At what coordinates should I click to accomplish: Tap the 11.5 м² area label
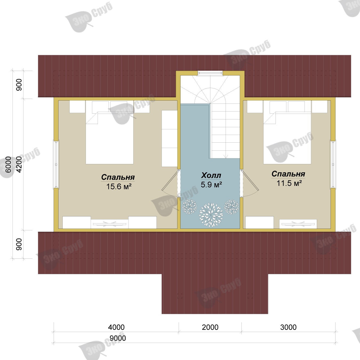tap(289, 183)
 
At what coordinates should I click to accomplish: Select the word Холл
tap(211, 175)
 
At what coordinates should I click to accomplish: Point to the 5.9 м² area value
tap(211, 185)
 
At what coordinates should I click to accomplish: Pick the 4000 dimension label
tap(116, 327)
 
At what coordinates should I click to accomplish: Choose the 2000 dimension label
tap(210, 327)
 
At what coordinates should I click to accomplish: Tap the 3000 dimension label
tap(288, 327)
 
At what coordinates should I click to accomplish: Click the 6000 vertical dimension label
tap(9, 165)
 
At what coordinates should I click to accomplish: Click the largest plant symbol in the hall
tap(211, 215)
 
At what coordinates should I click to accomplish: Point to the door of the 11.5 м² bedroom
tap(250, 183)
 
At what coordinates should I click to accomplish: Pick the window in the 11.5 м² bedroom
tap(333, 164)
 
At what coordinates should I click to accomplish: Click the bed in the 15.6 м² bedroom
tap(110, 132)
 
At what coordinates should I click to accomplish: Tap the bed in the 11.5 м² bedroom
tap(287, 132)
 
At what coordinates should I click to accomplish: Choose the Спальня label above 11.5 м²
tap(288, 174)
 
